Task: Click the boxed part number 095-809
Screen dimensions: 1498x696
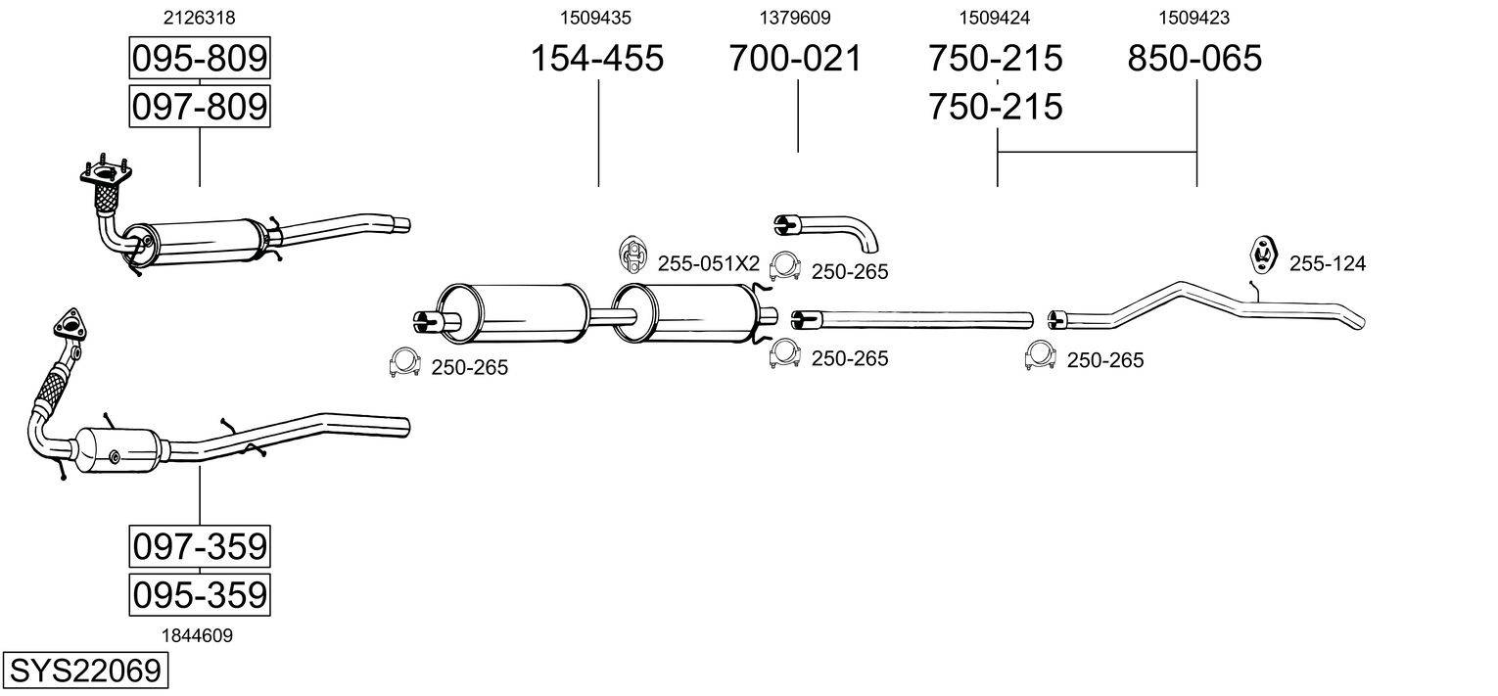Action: (200, 58)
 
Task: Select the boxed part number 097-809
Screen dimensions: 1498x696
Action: (200, 107)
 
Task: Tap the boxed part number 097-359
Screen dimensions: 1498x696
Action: (200, 546)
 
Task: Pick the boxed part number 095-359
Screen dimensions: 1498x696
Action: (200, 594)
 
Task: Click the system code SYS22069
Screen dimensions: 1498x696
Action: (85, 671)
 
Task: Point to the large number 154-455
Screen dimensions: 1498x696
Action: (597, 58)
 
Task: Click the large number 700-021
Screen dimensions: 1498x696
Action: (795, 58)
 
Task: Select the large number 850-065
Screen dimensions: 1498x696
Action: (1194, 58)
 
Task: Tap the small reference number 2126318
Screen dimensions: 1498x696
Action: (200, 18)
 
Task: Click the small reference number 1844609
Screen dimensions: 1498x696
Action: (197, 636)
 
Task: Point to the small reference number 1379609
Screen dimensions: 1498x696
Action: (794, 18)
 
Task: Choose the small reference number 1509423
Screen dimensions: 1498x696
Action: (1194, 18)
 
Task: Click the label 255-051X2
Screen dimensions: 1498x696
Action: (709, 264)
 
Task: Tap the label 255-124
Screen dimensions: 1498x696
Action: (1328, 264)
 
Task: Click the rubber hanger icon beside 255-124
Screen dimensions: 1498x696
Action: (1263, 255)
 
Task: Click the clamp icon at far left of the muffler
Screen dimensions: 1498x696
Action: (404, 363)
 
